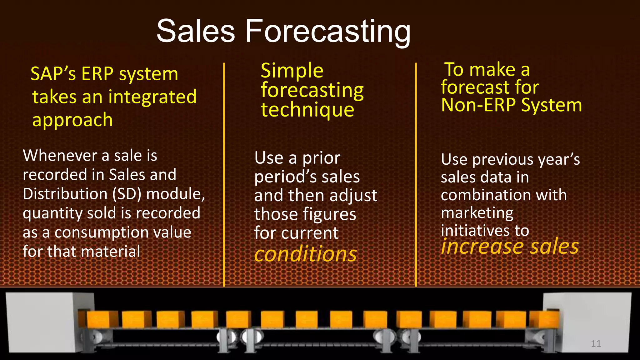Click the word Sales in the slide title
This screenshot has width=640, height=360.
point(196,31)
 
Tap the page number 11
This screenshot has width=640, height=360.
point(596,344)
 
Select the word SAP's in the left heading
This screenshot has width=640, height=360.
point(53,74)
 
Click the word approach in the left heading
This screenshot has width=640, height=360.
point(72,120)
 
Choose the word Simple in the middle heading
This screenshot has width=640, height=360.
point(292,71)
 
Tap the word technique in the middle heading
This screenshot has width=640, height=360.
point(307,110)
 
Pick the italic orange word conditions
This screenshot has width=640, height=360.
point(305,254)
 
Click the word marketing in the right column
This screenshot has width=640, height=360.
point(477,213)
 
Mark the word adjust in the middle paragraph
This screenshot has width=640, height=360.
point(353,196)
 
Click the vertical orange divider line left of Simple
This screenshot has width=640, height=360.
point(224,175)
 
